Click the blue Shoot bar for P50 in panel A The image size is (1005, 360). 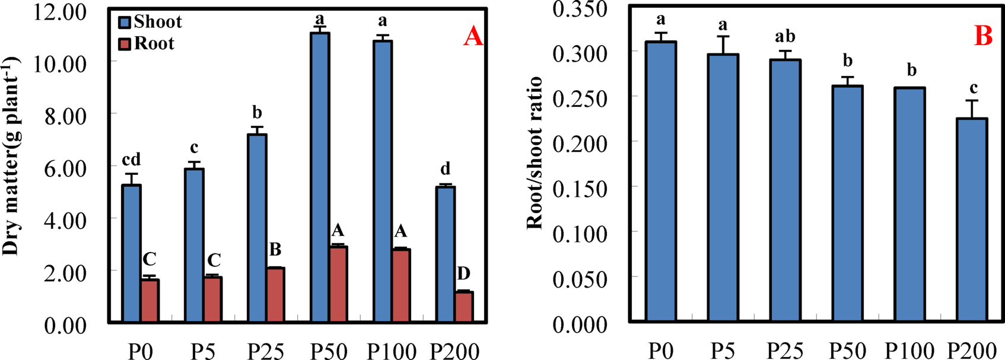[x=320, y=178]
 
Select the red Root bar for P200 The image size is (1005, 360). [x=463, y=307]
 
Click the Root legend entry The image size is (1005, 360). [x=147, y=44]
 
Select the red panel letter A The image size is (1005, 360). [x=473, y=37]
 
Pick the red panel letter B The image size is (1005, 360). [x=983, y=37]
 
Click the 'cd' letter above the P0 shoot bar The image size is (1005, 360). [x=131, y=160]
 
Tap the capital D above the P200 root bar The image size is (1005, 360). [x=463, y=273]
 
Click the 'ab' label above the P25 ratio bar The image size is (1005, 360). [x=785, y=37]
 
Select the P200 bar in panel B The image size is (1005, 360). [x=972, y=220]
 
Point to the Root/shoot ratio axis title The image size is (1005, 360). [x=535, y=153]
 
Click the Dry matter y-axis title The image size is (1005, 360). [x=12, y=155]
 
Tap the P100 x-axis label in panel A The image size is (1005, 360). [x=391, y=351]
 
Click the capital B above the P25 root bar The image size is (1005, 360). [x=275, y=249]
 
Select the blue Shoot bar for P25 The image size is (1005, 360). [x=257, y=228]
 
